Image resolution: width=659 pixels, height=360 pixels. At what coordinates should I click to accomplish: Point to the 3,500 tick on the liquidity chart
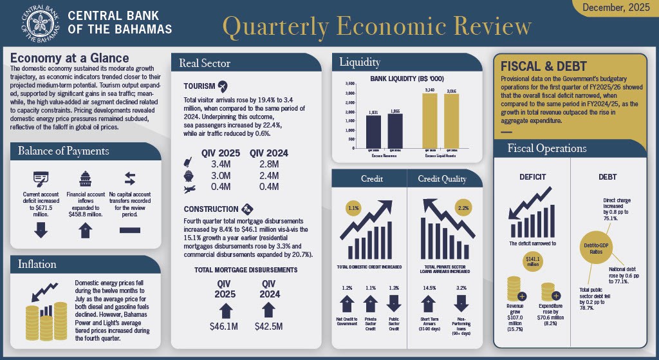click(351, 84)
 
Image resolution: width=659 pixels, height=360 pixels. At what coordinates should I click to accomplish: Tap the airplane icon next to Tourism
click(223, 86)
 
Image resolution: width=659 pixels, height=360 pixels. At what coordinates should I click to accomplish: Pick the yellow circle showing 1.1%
click(353, 209)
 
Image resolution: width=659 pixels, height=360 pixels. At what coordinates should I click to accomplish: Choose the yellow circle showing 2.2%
click(463, 209)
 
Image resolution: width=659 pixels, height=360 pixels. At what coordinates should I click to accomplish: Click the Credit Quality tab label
click(442, 178)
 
